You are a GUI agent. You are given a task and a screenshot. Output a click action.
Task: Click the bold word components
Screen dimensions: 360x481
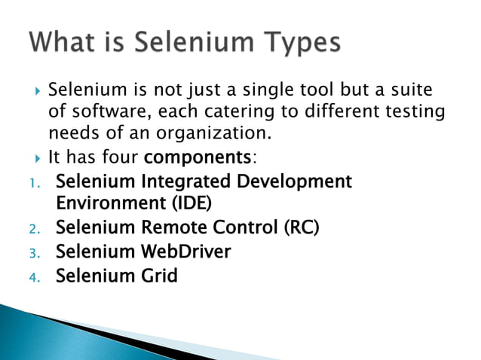197,158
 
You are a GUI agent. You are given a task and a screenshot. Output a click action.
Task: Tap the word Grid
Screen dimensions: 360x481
157,276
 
